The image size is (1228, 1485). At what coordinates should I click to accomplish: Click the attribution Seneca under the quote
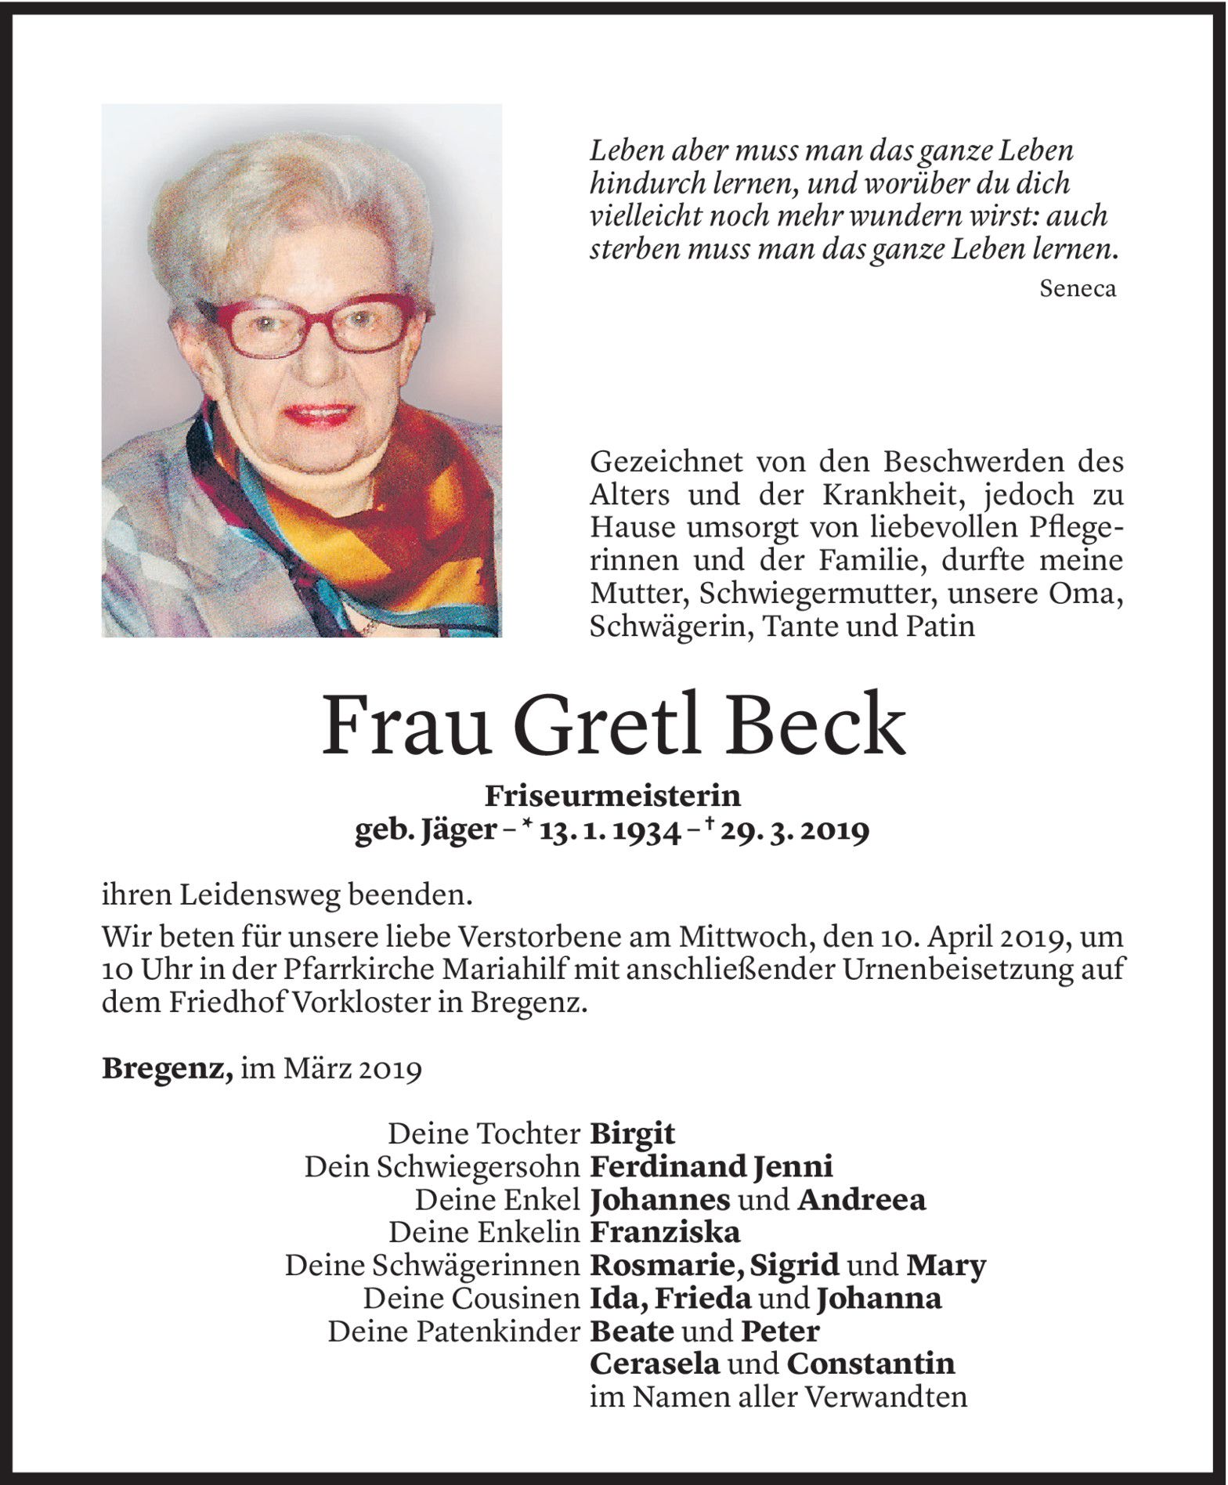click(x=1077, y=288)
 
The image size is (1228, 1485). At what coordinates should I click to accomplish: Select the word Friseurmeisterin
click(x=613, y=796)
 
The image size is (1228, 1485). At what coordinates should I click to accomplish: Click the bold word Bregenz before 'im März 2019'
click(x=167, y=1068)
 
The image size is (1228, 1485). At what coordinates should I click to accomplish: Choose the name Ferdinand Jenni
click(x=711, y=1166)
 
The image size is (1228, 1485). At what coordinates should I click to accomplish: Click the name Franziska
click(x=665, y=1232)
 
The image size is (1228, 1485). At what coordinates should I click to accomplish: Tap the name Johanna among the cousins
click(x=878, y=1299)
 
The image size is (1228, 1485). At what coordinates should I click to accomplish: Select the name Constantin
click(x=870, y=1364)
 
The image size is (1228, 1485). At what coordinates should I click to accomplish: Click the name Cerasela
click(x=654, y=1364)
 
